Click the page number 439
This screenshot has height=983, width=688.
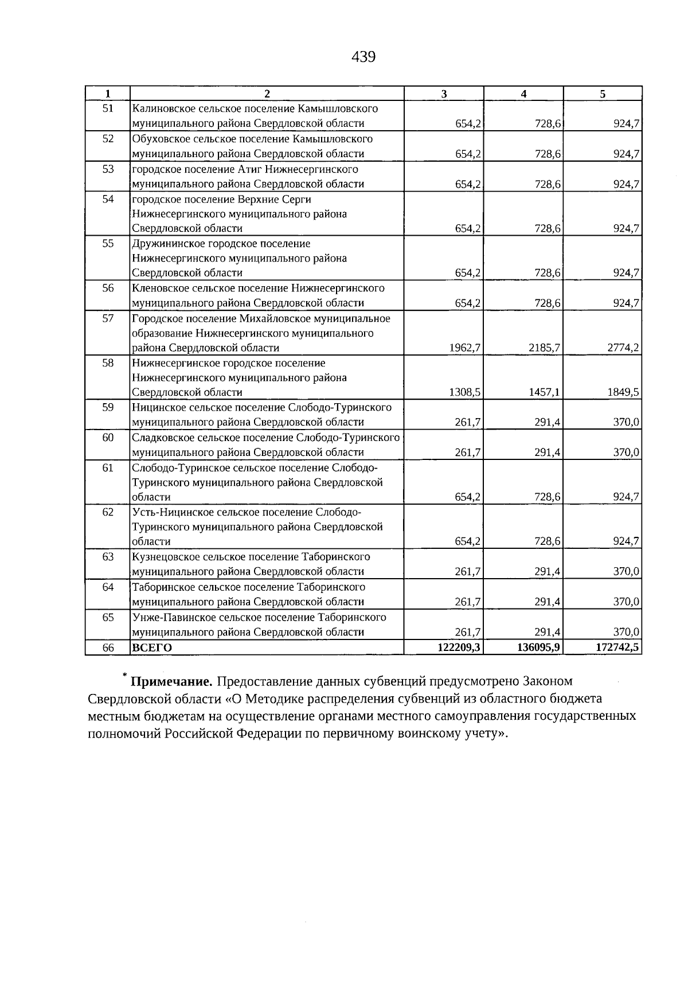(363, 57)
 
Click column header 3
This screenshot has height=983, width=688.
(444, 94)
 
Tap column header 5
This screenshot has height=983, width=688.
(603, 94)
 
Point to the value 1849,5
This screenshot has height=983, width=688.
(623, 392)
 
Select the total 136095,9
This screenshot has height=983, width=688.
(538, 647)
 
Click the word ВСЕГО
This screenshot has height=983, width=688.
(152, 648)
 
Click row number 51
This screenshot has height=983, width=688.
(108, 108)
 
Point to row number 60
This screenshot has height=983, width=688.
(108, 438)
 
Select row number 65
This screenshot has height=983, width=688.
(108, 617)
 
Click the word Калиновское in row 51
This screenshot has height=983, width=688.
(161, 108)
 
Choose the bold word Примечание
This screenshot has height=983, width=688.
(171, 682)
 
